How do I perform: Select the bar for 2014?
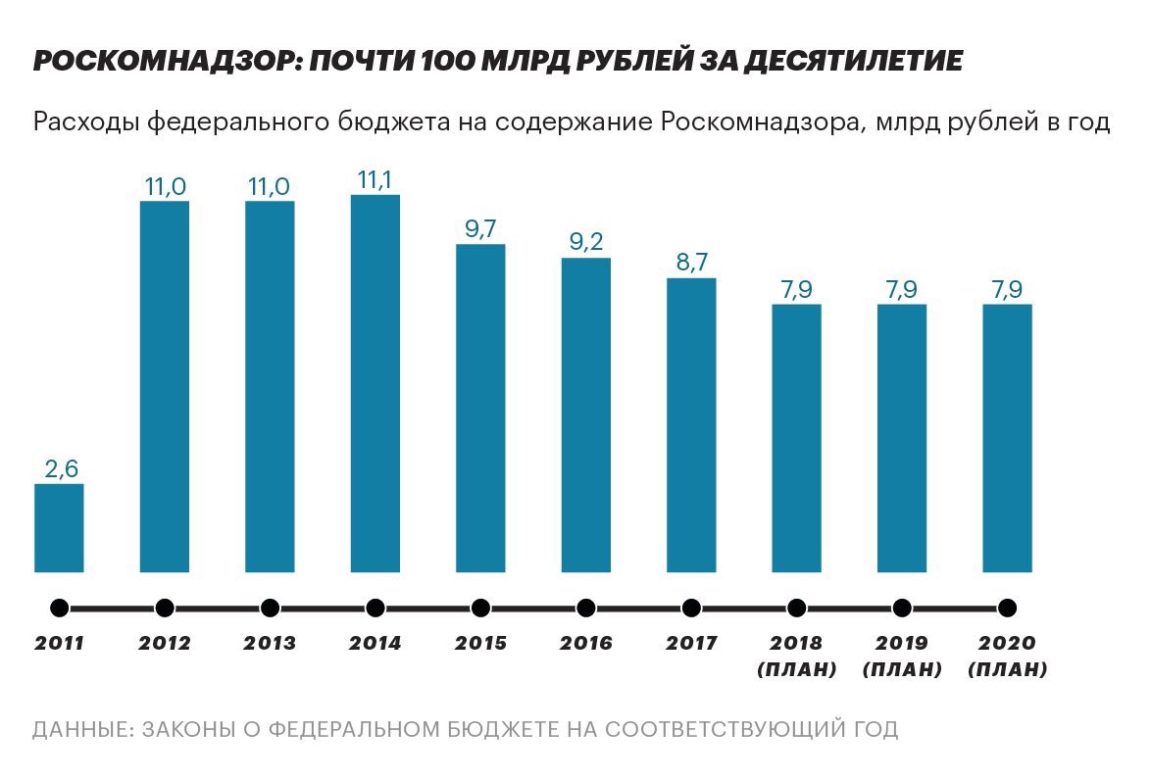tap(375, 382)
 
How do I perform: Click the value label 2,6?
tap(61, 468)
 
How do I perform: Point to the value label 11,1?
tap(375, 179)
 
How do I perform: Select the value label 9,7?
tap(481, 228)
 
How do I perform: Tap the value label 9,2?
tap(586, 242)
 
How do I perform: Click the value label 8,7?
tap(692, 263)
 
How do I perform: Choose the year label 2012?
tap(165, 644)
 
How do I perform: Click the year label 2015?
tap(480, 644)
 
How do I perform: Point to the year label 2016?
tap(586, 644)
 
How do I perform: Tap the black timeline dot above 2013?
tap(270, 608)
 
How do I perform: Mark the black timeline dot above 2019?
tap(902, 608)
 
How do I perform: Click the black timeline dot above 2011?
tap(59, 608)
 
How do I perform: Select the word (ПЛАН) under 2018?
tap(796, 670)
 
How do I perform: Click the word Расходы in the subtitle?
tap(84, 122)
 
